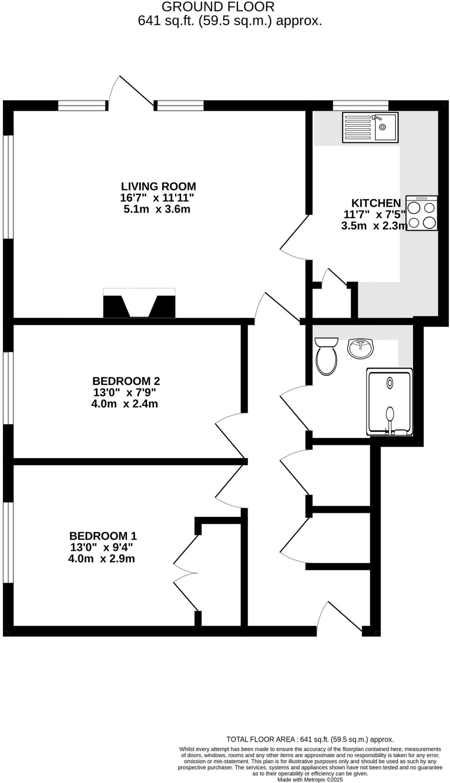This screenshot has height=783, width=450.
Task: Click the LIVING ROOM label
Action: (158, 187)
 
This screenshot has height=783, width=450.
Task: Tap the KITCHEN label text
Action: (376, 203)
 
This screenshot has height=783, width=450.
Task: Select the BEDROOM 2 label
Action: (126, 381)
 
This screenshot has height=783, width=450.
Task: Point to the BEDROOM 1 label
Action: (103, 536)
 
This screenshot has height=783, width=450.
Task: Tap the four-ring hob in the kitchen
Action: (422, 213)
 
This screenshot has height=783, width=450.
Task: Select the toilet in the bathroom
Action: (326, 356)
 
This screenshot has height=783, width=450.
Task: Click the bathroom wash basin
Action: (360, 348)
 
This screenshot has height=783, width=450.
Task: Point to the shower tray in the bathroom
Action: (390, 402)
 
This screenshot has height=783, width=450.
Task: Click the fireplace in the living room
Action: (139, 303)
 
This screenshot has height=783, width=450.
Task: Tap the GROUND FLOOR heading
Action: (218, 7)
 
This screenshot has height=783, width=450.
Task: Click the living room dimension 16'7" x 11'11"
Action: (157, 198)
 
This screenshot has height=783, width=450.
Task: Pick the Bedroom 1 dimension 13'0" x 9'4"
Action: (102, 547)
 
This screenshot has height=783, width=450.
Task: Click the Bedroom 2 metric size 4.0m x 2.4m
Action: (125, 404)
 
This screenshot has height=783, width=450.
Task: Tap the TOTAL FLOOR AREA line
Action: (310, 739)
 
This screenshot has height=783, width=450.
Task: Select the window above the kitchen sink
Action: (360, 105)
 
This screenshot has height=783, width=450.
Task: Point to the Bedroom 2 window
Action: (8, 388)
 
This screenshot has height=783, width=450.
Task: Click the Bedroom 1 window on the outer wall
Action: (8, 543)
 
